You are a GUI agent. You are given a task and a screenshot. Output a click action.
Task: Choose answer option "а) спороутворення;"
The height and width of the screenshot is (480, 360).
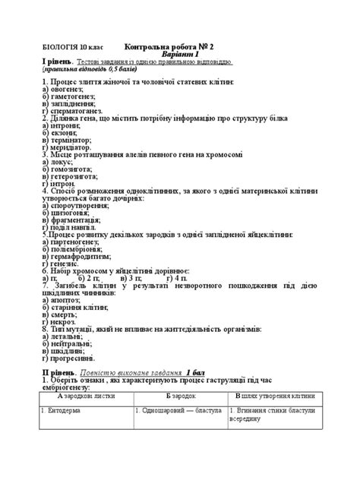77,206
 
